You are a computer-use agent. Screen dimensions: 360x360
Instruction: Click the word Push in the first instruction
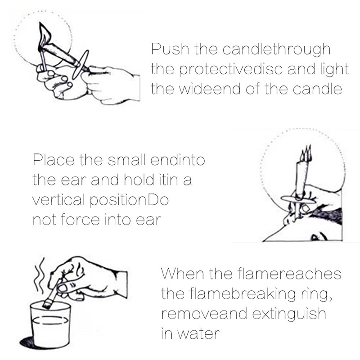pos(170,49)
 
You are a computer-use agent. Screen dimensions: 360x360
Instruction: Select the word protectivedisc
pos(231,70)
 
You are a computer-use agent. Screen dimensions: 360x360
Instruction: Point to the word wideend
pos(209,89)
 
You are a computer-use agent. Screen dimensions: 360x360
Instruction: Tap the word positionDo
pos(129,200)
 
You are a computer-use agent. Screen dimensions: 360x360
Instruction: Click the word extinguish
pos(289,314)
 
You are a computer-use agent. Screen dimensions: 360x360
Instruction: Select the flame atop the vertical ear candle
pos(306,153)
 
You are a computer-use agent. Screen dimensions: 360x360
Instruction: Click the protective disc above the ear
pos(298,199)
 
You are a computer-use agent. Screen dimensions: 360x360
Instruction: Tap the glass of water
pos(50,324)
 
